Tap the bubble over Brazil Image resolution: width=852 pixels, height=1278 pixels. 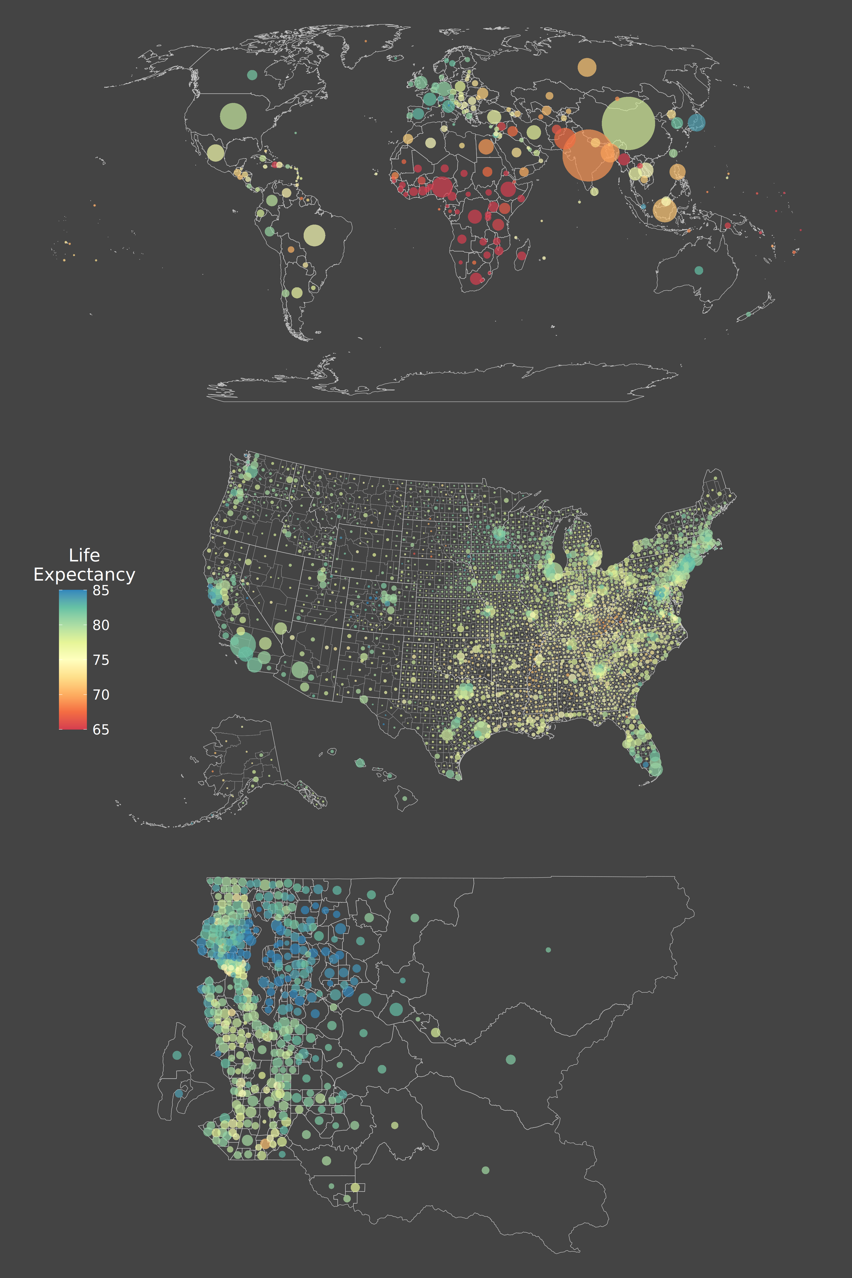pos(314,235)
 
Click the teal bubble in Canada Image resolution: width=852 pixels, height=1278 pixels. pos(252,75)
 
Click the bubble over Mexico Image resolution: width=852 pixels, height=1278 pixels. pos(216,153)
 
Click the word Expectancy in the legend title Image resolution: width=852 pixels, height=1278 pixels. pos(84,574)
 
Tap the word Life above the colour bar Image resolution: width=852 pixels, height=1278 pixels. pos(84,555)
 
